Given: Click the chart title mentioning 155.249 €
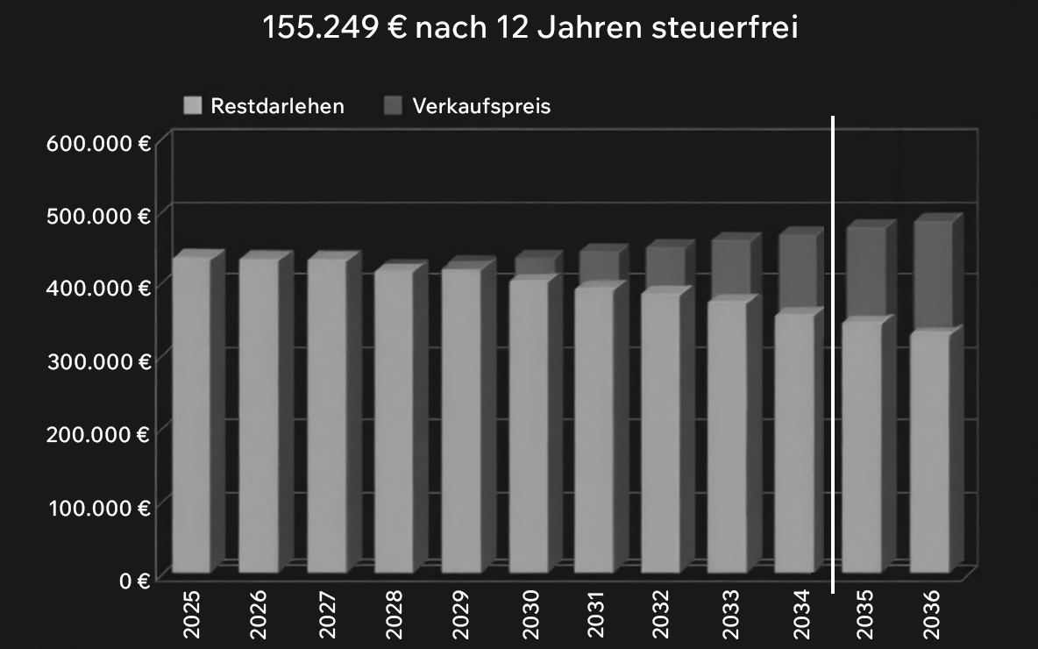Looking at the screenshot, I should (x=530, y=28).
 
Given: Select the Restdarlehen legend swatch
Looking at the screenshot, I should (x=193, y=107).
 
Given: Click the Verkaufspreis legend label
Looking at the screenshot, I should (x=481, y=107).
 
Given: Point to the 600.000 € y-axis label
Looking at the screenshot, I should (x=98, y=142).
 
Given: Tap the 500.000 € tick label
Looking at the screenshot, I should (x=98, y=215).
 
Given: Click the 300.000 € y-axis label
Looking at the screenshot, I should (x=98, y=360).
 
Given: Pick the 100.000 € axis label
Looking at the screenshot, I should (x=98, y=507).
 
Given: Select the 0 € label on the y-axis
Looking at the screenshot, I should (x=132, y=580).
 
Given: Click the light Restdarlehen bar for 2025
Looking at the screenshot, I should (x=191, y=417).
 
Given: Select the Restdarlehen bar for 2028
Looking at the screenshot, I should (x=393, y=421).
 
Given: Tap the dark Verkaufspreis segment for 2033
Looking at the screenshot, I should (x=729, y=267).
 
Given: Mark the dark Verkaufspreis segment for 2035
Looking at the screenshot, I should (x=864, y=272).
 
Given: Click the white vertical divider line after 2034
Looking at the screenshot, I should (x=832, y=351).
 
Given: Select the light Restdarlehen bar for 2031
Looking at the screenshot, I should (x=594, y=430).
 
